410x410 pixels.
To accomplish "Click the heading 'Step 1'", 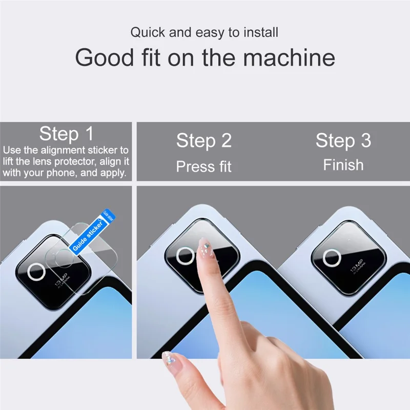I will click(x=67, y=134).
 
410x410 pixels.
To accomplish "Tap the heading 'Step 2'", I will click(x=204, y=140).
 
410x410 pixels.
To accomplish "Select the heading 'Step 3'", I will click(x=343, y=140).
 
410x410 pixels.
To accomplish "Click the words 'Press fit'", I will click(x=204, y=167).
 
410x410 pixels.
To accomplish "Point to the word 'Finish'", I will click(x=343, y=165).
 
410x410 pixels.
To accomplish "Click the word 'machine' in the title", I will click(x=289, y=57).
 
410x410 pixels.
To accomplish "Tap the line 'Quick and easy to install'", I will click(x=204, y=33).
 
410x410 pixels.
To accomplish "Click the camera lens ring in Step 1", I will click(x=37, y=272).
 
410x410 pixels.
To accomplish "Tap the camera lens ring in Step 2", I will click(x=185, y=256).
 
